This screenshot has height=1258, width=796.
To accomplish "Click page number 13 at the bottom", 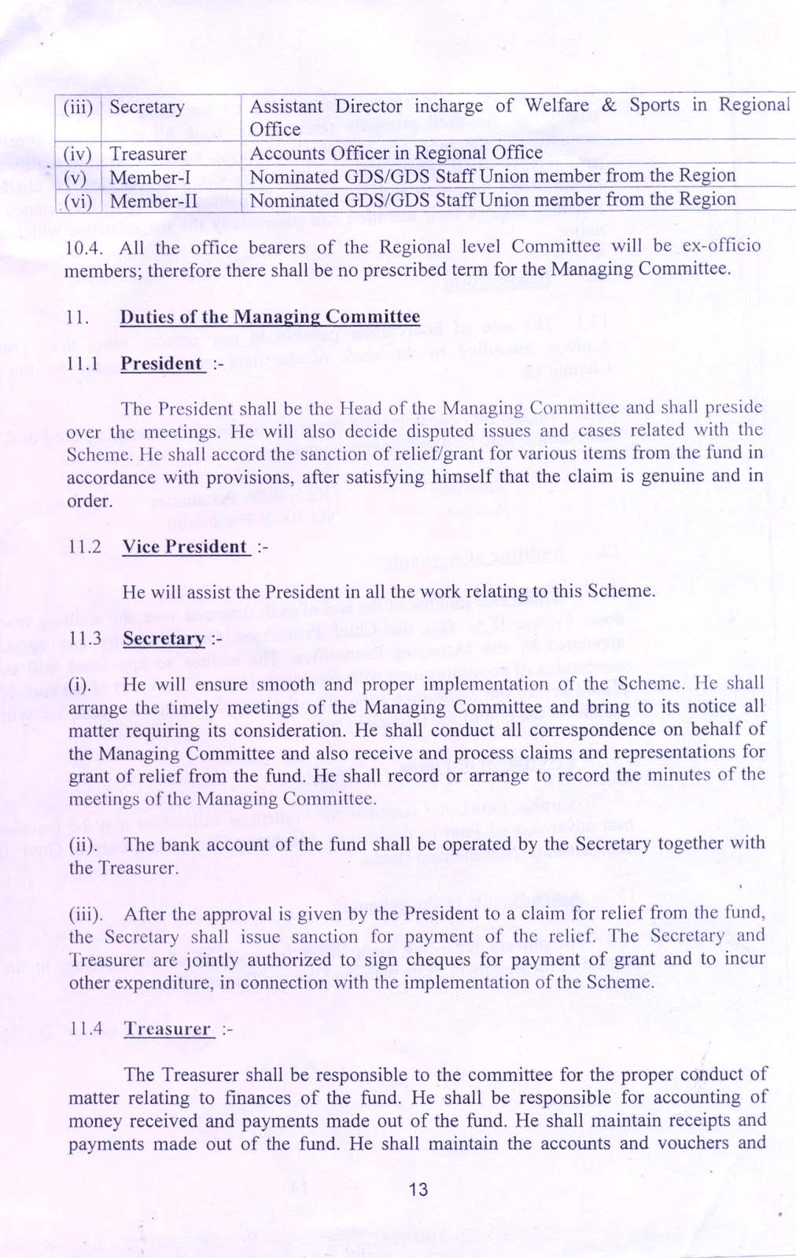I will tap(418, 1189).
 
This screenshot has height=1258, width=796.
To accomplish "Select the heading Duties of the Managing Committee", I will tap(270, 317).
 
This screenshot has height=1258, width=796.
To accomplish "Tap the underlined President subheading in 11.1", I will tap(161, 364).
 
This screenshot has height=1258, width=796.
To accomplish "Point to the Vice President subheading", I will tap(185, 547).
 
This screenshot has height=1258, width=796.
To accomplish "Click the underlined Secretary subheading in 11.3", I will tap(163, 638).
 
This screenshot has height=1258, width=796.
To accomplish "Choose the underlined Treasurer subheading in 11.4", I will tap(168, 1029).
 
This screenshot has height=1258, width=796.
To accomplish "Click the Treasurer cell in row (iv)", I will tap(148, 153).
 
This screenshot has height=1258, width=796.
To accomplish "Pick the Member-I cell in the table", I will tap(150, 178).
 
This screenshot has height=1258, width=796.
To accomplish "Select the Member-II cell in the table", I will tap(153, 201).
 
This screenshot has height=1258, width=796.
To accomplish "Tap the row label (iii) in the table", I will tap(78, 107).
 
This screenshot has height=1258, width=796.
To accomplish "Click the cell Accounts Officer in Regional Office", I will tap(396, 153).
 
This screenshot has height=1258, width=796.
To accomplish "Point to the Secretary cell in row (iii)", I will tap(147, 107).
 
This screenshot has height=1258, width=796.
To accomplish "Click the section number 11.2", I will tap(85, 547).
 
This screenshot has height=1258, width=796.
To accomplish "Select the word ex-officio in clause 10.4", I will tap(721, 245).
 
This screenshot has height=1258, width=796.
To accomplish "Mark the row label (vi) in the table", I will tap(78, 201).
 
